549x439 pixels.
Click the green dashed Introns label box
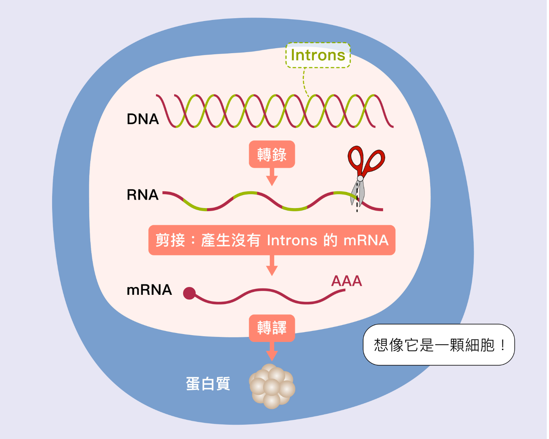[318, 55]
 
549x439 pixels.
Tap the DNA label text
[142, 119]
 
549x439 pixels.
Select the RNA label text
[142, 195]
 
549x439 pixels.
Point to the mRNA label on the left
[149, 290]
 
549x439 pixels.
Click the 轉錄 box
[272, 154]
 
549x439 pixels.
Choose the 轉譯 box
[272, 328]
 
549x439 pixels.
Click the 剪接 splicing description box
[272, 240]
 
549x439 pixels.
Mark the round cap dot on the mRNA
[189, 293]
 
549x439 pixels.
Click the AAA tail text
[346, 281]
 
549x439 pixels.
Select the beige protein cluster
[272, 387]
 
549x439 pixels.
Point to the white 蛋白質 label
[208, 384]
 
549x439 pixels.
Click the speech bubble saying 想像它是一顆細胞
[439, 345]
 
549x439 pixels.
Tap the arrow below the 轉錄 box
[272, 178]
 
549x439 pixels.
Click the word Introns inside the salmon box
[292, 241]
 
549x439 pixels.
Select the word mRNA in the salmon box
[366, 241]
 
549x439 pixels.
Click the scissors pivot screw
[360, 178]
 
